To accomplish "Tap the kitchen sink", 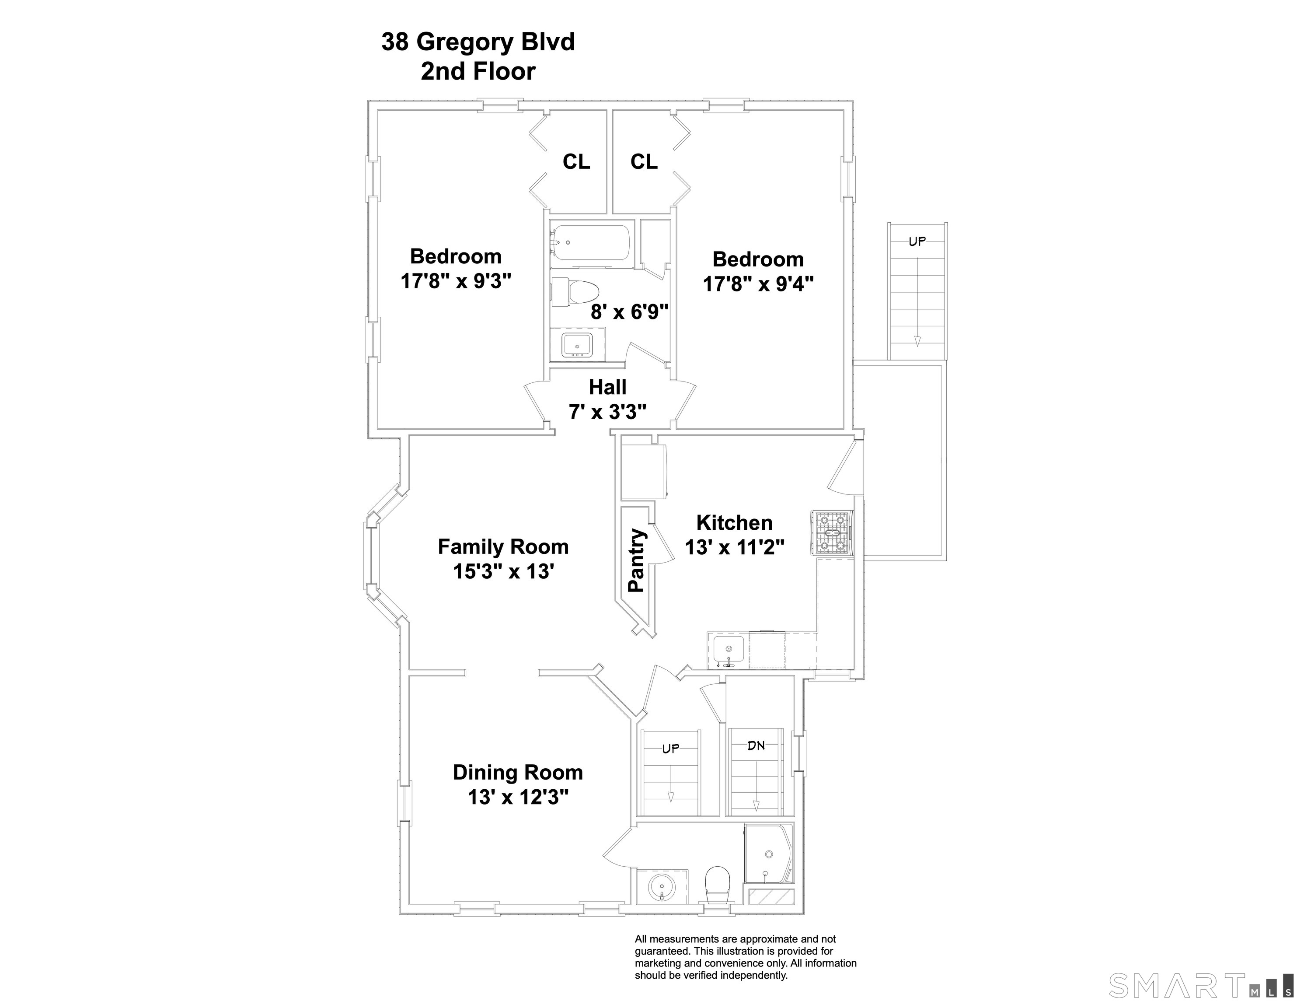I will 729,650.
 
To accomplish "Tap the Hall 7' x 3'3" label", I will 608,399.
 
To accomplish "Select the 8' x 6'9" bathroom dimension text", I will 629,311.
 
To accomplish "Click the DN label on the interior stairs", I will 757,745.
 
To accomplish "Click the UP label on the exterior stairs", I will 917,241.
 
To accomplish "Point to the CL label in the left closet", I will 576,161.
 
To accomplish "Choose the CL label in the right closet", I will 644,161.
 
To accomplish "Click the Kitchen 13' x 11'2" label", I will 734,534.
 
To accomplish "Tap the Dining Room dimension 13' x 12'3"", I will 518,797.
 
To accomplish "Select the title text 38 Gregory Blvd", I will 478,42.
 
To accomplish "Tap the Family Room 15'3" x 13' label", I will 503,559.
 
